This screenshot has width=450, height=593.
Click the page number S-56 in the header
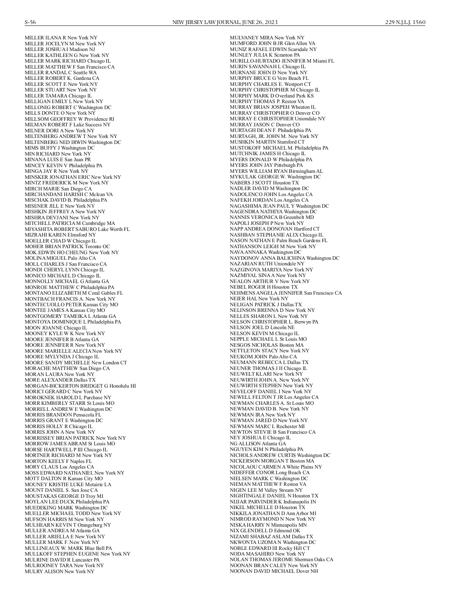tap(30, 22)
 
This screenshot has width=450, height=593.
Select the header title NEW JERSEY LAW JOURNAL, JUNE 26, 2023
tap(225, 22)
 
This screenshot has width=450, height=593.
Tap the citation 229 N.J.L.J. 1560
tap(405, 22)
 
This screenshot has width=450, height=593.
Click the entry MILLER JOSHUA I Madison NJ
tap(60, 49)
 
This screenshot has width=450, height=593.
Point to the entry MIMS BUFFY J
tap(60, 148)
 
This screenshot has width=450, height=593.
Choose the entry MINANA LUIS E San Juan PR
tap(58, 160)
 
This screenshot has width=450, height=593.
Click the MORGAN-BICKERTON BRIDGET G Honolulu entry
tap(80, 386)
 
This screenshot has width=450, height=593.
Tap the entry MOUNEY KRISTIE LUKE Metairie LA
tap(68, 485)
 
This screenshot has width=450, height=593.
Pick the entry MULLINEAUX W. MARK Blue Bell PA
tap(68, 548)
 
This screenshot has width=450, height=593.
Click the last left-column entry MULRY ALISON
tap(60, 572)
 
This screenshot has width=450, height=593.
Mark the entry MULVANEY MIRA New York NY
tap(267, 38)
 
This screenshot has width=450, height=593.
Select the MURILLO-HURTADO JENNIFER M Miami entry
tap(282, 61)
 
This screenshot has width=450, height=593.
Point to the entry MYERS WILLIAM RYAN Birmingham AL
tap(276, 171)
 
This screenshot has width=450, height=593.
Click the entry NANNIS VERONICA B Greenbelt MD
tap(272, 217)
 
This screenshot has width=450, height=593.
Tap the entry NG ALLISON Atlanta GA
tap(258, 444)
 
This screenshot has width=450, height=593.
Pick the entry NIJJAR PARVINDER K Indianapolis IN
tap(273, 502)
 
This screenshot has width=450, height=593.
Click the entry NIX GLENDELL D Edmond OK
tap(265, 531)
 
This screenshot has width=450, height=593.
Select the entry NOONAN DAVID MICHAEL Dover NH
tap(274, 571)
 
